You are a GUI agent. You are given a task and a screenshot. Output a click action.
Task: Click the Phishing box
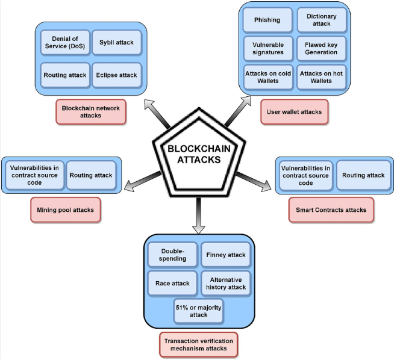pyautogui.click(x=267, y=20)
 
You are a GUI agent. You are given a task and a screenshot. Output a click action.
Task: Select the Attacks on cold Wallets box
pyautogui.click(x=267, y=78)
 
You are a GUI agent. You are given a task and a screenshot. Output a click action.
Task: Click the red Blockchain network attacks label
pyautogui.click(x=90, y=111)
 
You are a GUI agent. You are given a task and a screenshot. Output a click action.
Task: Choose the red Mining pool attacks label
pyautogui.click(x=65, y=210)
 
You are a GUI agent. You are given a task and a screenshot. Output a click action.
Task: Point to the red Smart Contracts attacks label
pyautogui.click(x=331, y=210)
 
